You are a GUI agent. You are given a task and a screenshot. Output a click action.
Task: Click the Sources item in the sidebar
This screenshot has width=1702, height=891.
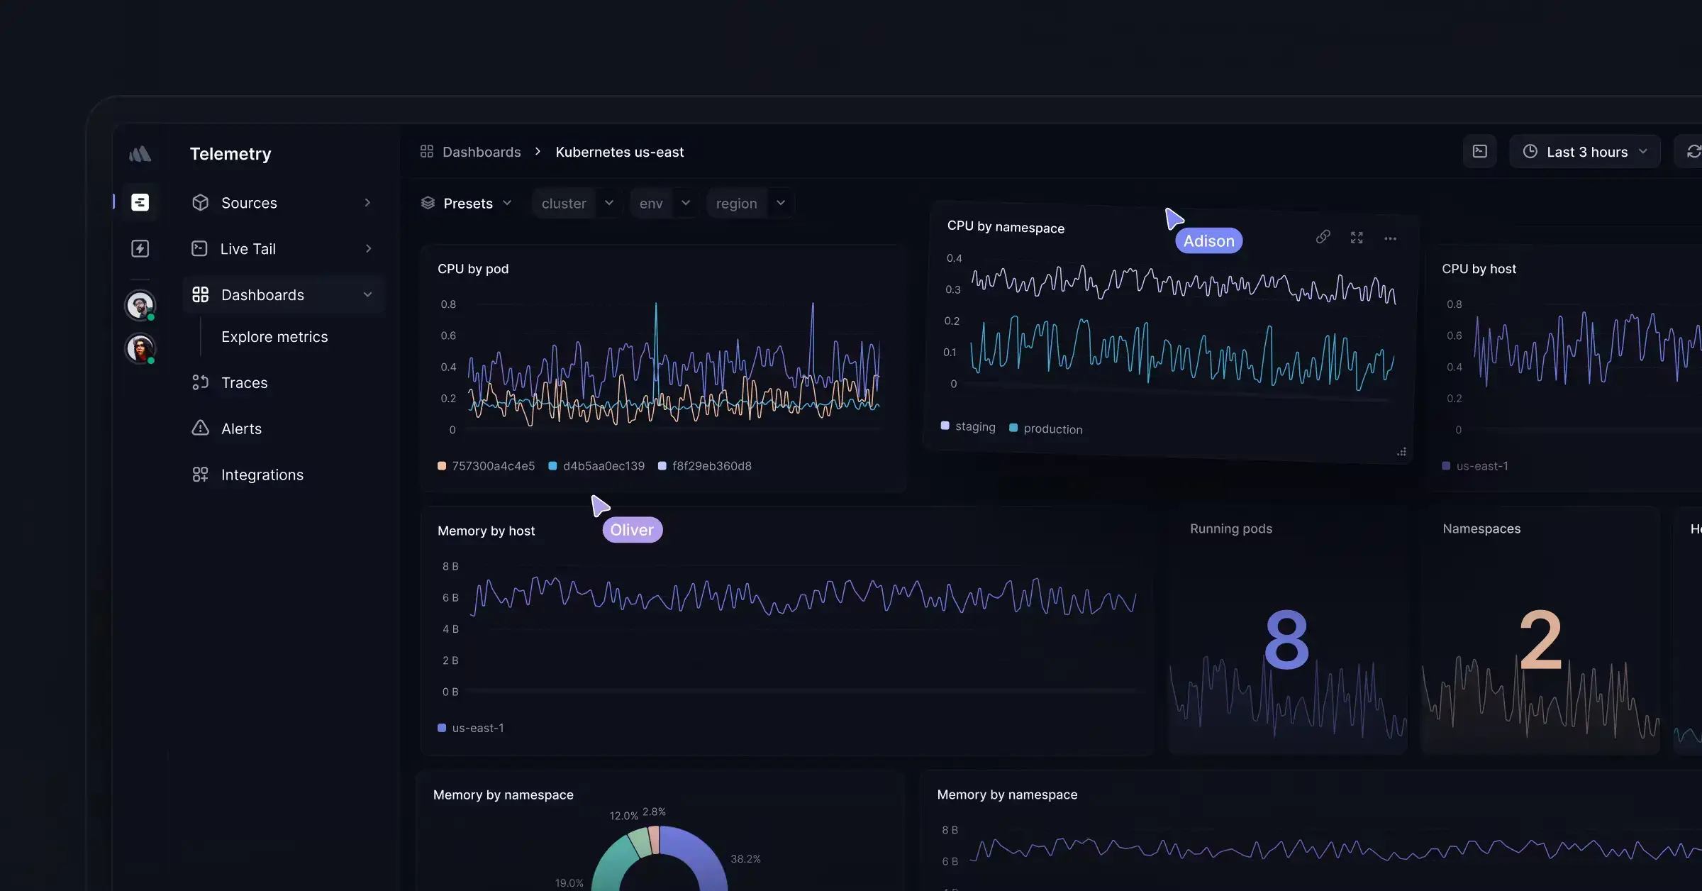point(249,203)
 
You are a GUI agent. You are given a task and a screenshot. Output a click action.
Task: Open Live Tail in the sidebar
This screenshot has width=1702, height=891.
point(247,249)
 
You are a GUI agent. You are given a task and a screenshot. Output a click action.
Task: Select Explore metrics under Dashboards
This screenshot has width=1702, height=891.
point(274,337)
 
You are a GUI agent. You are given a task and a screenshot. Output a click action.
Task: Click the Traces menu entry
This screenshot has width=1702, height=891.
point(244,383)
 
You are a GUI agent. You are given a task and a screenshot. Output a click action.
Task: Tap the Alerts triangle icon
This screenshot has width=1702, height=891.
point(201,428)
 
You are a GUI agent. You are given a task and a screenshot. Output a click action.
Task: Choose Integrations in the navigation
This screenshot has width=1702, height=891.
point(262,475)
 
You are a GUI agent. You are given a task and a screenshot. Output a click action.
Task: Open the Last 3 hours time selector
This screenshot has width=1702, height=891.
point(1585,152)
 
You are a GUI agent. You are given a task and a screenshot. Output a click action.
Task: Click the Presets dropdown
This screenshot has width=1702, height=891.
point(467,204)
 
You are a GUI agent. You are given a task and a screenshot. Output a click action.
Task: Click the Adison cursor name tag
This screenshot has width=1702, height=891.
point(1208,241)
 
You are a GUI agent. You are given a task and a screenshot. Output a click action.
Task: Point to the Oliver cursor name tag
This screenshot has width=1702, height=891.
point(632,530)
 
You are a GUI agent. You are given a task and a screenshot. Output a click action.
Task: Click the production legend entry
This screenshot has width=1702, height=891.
point(1052,429)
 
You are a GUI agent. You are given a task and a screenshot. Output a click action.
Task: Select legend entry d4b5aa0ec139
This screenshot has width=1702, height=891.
point(603,466)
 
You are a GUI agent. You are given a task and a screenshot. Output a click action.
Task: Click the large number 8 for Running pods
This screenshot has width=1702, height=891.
point(1286,640)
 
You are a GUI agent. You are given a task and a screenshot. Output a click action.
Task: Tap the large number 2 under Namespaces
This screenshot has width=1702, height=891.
point(1540,640)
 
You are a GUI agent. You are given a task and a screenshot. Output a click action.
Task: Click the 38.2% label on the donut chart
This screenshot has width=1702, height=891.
point(745,859)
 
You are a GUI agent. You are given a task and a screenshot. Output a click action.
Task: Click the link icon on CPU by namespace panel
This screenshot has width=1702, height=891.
point(1323,237)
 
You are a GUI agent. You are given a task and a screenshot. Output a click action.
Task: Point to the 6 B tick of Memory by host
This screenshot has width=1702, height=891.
point(450,598)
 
